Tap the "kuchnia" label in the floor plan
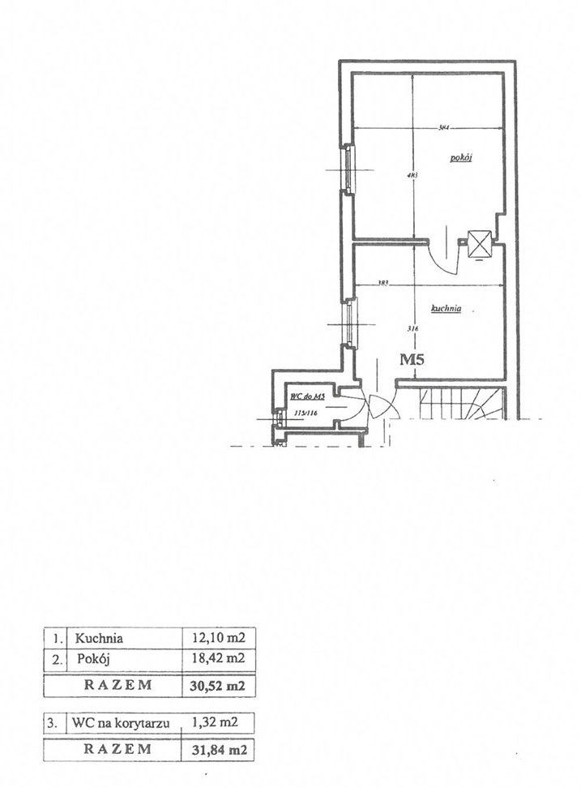(x=446, y=308)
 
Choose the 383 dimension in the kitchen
(x=384, y=284)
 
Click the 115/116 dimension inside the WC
(x=305, y=413)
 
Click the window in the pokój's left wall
(x=346, y=169)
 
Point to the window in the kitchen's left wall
(x=349, y=323)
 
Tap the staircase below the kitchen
(x=463, y=403)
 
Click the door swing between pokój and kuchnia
(x=442, y=255)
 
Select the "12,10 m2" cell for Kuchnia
(x=214, y=637)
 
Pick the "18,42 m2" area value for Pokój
(x=214, y=658)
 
